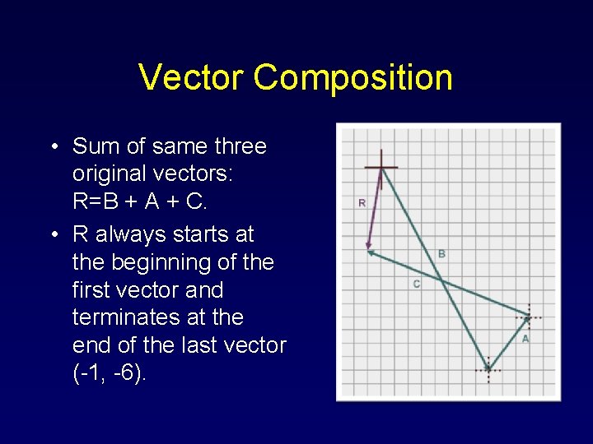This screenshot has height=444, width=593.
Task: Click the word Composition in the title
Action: (353, 78)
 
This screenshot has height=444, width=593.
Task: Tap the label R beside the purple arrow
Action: (361, 202)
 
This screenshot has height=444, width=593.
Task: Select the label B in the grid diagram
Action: (441, 254)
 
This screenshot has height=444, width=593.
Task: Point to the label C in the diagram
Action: (416, 284)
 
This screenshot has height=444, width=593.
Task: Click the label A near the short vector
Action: (525, 338)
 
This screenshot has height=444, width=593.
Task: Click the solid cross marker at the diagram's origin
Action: (381, 168)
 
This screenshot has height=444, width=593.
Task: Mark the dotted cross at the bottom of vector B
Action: (488, 370)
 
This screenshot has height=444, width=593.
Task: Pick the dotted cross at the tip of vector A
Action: (528, 316)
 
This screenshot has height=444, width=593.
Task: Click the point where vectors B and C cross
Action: (441, 281)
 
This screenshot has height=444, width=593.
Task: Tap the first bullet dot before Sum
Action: (53, 147)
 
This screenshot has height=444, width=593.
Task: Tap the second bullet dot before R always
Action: (53, 235)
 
